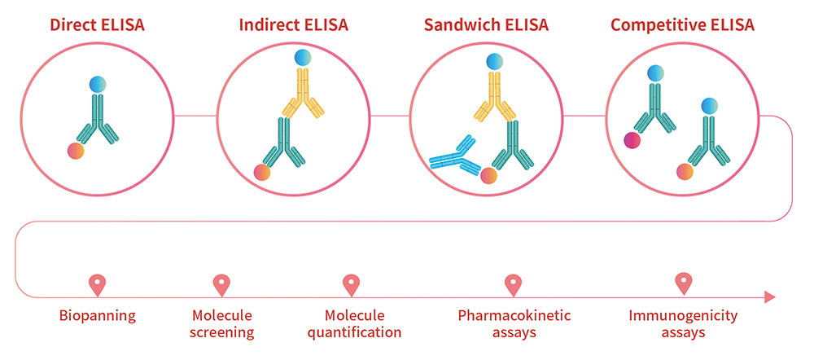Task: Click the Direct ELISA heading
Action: click(97, 25)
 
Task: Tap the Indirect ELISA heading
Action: click(293, 25)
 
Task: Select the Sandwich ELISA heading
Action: click(486, 25)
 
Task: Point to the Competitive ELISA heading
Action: click(682, 25)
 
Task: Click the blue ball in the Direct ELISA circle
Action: click(98, 85)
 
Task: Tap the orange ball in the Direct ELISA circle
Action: click(76, 151)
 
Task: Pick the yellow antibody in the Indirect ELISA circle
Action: click(303, 93)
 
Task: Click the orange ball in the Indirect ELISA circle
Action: click(262, 173)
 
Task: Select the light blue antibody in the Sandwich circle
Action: click(455, 156)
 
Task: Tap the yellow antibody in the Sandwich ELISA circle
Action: click(495, 96)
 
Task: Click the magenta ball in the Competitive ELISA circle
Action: click(632, 140)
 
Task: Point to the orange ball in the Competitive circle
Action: click(685, 171)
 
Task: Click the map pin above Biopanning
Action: click(97, 285)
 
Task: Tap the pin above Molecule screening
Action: click(221, 285)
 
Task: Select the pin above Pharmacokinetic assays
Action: click(513, 285)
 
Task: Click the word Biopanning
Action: click(97, 316)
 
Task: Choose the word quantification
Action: click(355, 332)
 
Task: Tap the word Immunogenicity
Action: click(683, 316)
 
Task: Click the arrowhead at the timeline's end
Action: click(770, 297)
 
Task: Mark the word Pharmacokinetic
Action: click(514, 315)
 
